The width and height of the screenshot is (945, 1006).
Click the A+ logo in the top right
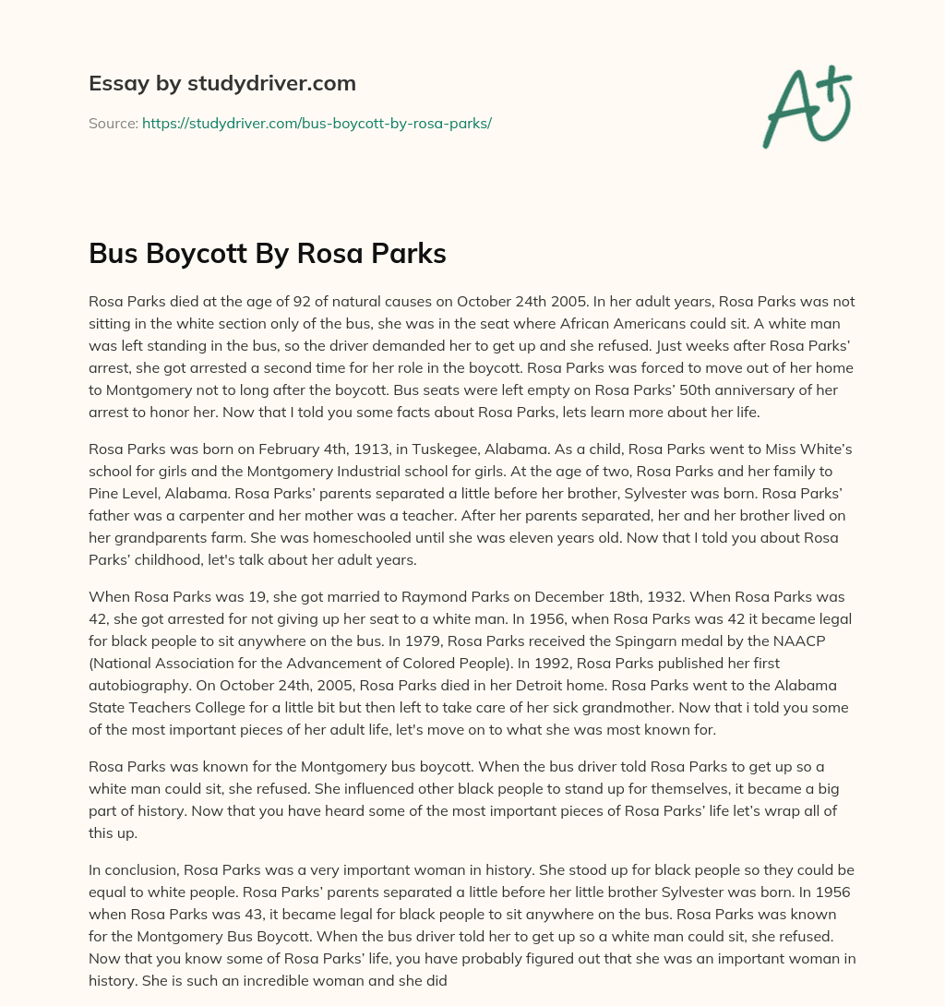pyautogui.click(x=807, y=105)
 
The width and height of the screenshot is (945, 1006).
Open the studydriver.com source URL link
pyautogui.click(x=317, y=123)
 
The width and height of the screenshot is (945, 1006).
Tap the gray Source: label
pyautogui.click(x=113, y=123)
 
